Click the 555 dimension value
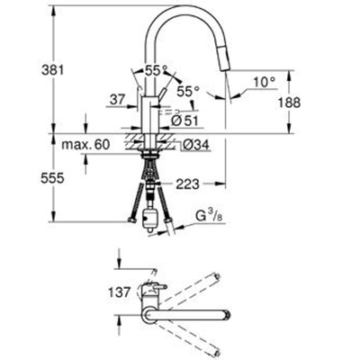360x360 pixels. point(18,179)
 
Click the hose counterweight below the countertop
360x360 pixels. point(148,216)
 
